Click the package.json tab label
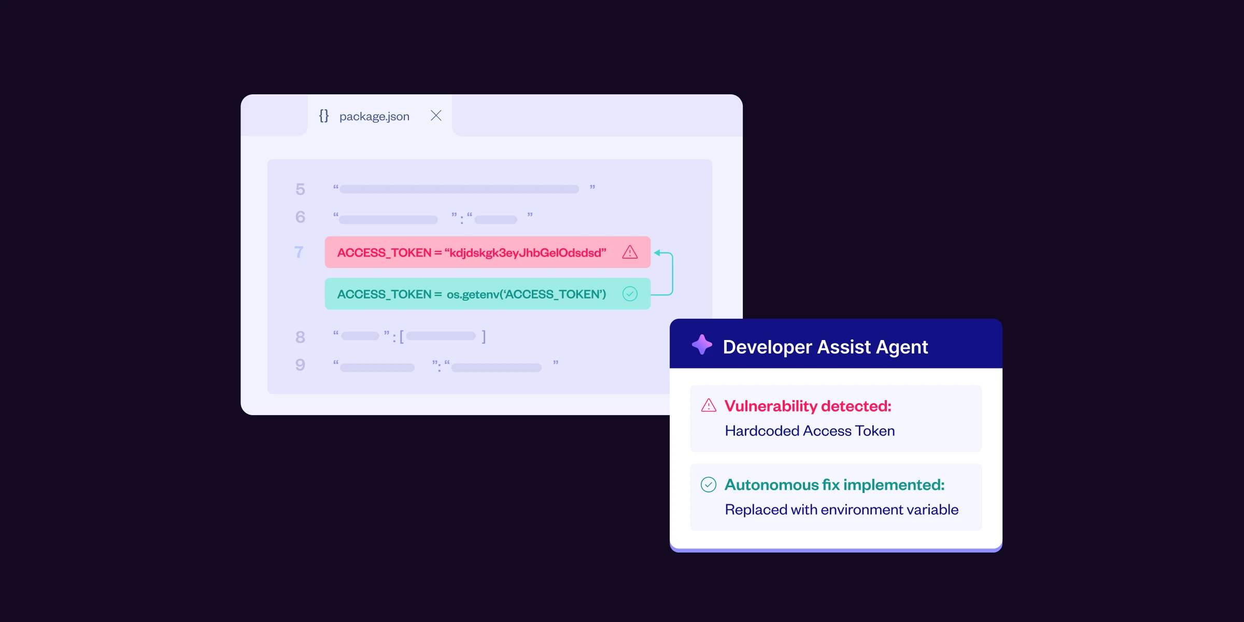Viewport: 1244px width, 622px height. click(374, 117)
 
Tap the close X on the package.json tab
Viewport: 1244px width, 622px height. click(436, 116)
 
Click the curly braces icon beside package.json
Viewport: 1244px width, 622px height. click(324, 116)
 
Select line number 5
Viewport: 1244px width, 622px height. click(300, 189)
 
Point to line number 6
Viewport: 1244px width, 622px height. click(300, 217)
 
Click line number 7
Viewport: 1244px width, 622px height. click(299, 252)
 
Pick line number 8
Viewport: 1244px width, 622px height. click(300, 337)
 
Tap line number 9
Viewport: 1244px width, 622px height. click(300, 364)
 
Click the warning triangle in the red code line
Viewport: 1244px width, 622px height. click(630, 252)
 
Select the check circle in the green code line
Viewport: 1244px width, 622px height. click(630, 294)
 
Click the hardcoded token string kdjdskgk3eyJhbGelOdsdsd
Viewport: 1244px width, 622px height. click(525, 253)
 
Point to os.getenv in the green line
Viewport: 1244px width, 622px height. click(472, 295)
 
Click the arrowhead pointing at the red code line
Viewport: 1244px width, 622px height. click(657, 253)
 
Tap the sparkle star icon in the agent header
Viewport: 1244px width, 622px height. click(702, 345)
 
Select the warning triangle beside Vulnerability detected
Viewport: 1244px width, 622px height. click(709, 405)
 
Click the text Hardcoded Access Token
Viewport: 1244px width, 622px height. click(810, 431)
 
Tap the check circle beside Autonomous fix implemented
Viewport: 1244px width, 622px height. click(709, 484)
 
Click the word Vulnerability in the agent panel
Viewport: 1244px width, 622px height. click(771, 406)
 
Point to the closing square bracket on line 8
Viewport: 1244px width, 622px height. click(484, 337)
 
